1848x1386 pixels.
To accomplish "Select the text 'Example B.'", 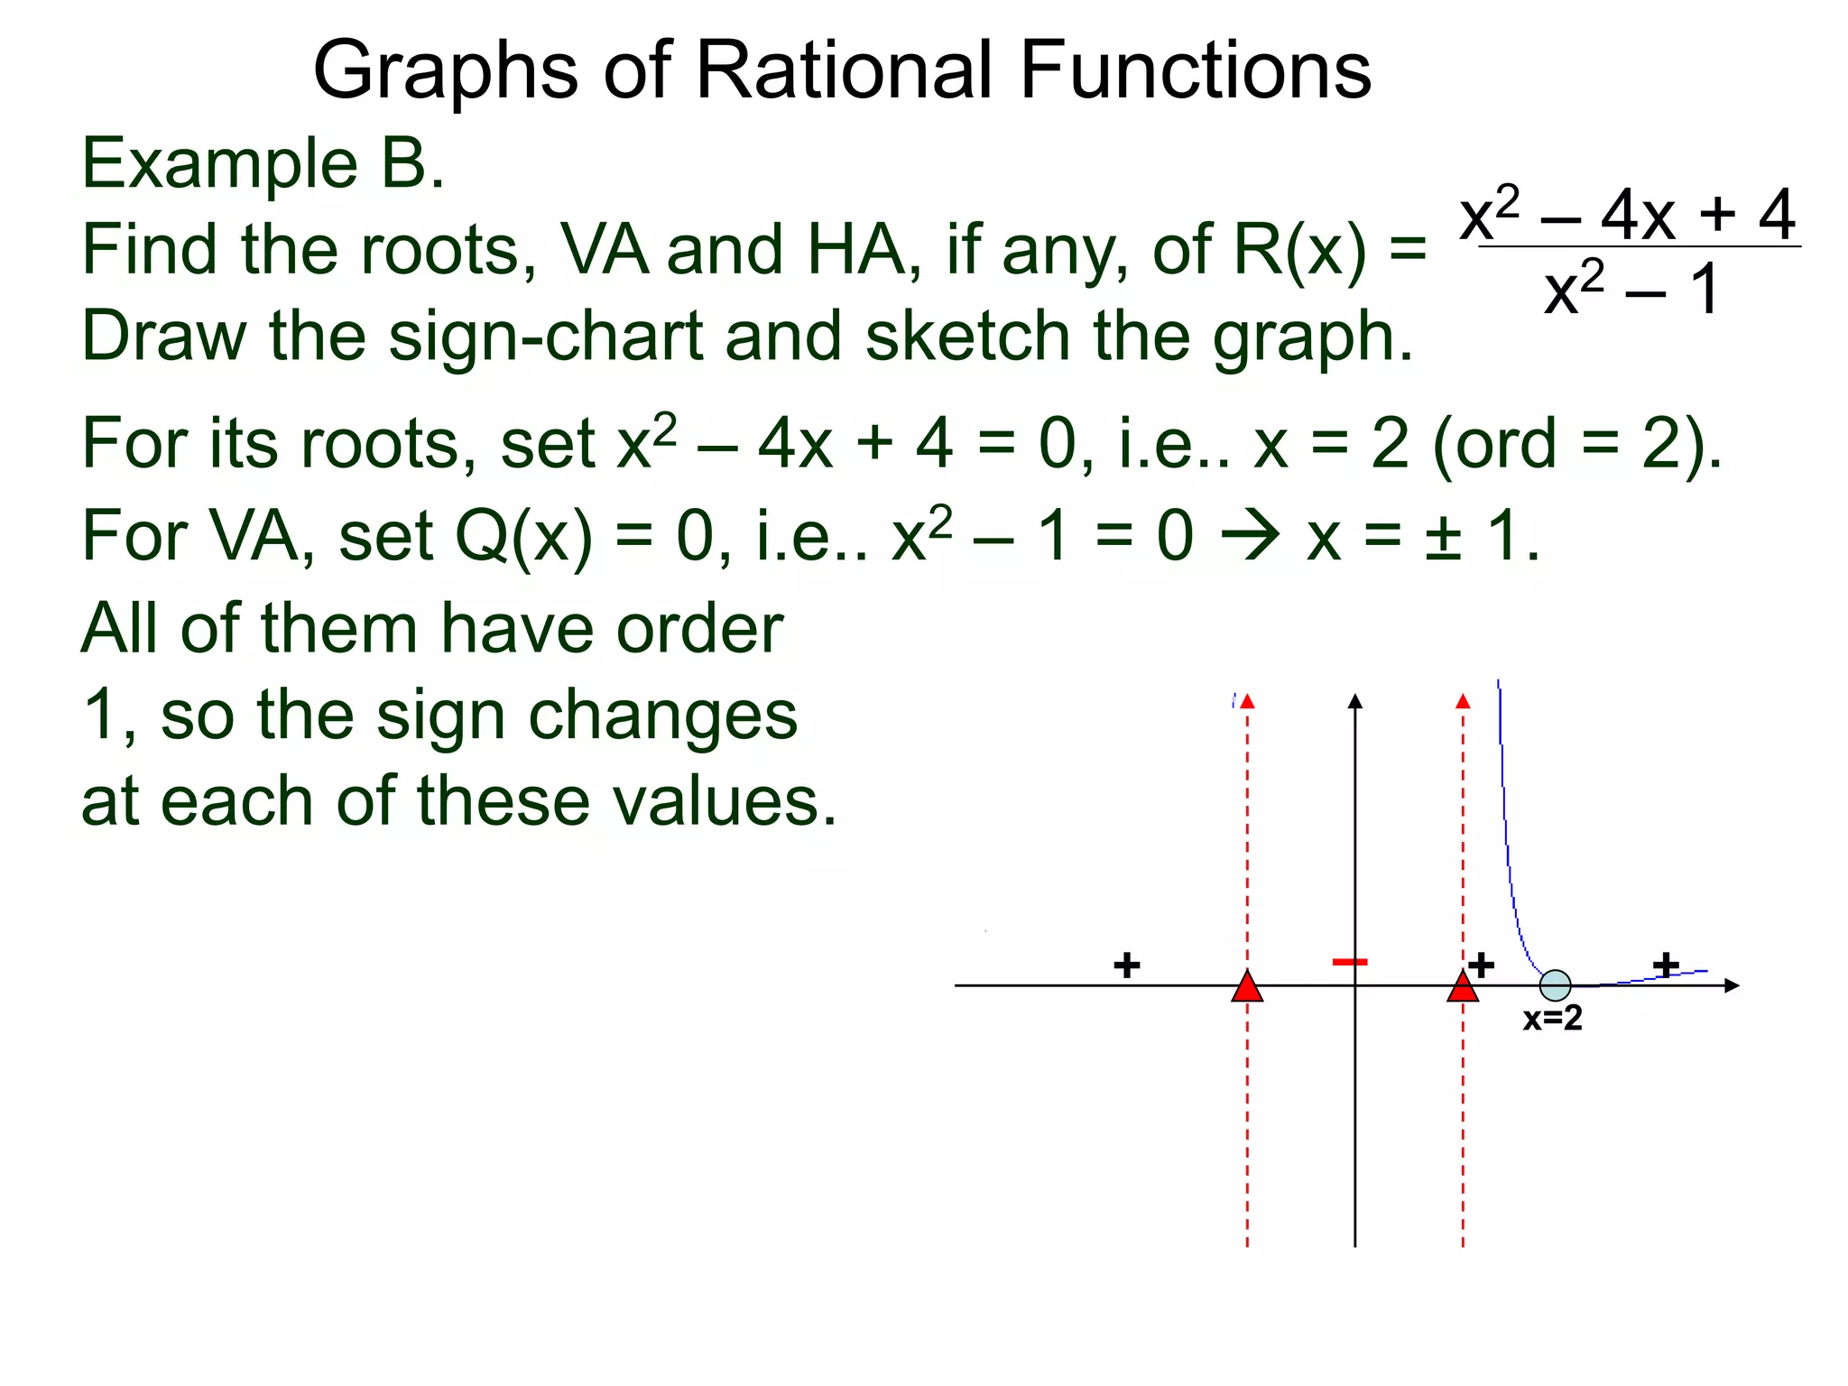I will point(263,164).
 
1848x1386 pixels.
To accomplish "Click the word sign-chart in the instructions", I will point(545,336).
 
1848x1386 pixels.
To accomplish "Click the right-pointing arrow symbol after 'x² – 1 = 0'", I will point(1250,535).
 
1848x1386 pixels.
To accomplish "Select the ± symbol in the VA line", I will point(1442,538).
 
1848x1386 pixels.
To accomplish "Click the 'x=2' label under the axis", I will point(1552,1018).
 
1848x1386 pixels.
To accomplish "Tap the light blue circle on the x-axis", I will point(1555,985).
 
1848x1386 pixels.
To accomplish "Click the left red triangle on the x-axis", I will point(1247,987).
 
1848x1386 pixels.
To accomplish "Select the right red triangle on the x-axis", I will point(1462,987).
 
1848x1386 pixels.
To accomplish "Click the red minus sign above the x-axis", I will point(1350,962).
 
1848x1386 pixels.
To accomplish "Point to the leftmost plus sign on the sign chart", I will point(1126,966).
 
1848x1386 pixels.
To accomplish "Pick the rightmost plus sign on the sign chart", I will point(1666,965).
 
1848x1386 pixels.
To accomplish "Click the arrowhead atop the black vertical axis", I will point(1354,701).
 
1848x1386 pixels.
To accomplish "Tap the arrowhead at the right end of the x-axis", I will point(1731,985).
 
